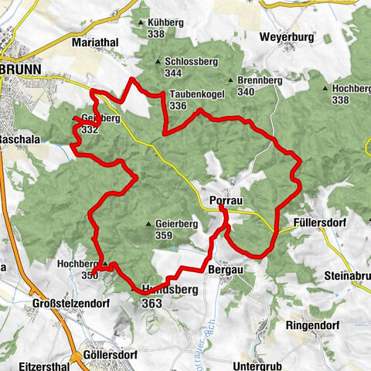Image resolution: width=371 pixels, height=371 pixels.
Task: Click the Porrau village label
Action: pos(227,199)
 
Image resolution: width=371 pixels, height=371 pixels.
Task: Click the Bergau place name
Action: pos(226,270)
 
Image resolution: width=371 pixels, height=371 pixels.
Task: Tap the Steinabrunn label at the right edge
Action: pos(347,276)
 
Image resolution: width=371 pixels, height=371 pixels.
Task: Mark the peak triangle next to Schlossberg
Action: pos(158,63)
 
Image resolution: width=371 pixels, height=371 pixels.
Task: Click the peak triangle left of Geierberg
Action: pos(148,225)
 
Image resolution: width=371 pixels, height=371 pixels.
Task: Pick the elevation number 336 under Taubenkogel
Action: pos(178,106)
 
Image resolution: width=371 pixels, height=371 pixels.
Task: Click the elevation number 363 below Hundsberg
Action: pos(151,305)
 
